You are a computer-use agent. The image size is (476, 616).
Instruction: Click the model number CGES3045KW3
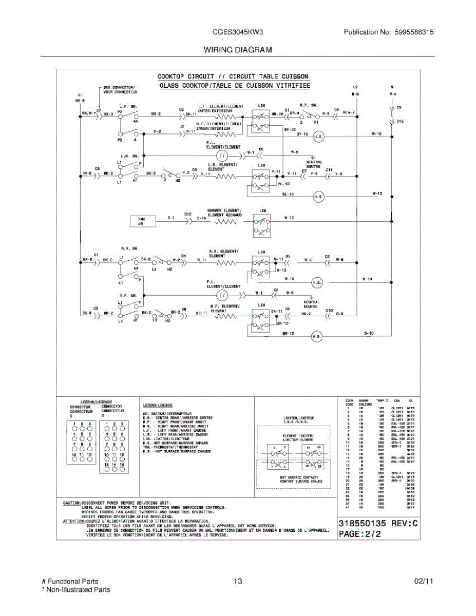click(238, 32)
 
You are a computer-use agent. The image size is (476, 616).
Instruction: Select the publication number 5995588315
click(413, 32)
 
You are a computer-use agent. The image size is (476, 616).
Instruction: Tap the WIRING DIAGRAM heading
click(238, 50)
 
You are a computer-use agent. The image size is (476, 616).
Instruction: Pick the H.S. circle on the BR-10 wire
click(316, 337)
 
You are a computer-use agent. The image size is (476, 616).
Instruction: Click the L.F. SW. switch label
click(129, 106)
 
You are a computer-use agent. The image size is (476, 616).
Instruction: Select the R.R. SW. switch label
click(127, 248)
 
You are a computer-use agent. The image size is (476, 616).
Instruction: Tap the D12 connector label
click(188, 214)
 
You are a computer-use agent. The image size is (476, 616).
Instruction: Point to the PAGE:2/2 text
click(359, 534)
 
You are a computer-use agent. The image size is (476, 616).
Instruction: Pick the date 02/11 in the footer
click(424, 582)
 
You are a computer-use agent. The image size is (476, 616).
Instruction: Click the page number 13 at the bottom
click(237, 582)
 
